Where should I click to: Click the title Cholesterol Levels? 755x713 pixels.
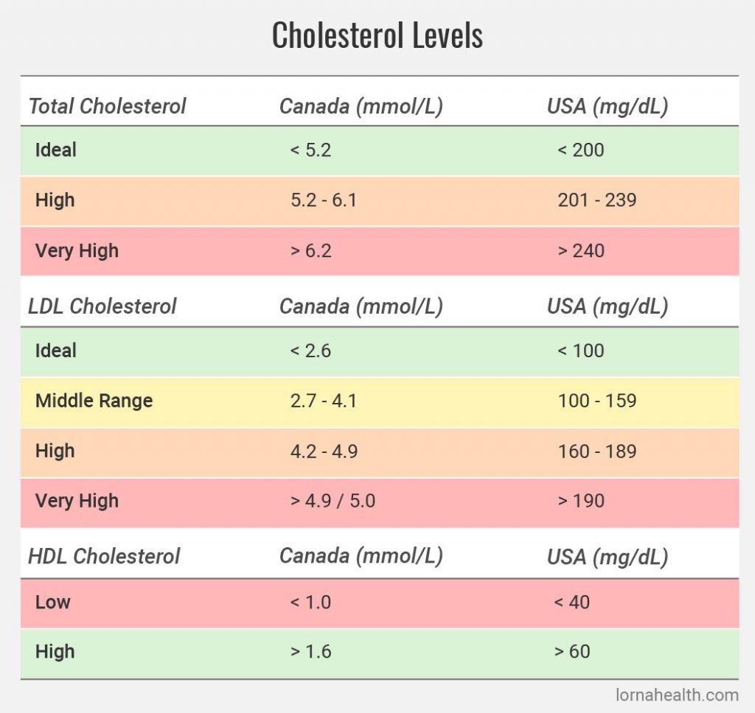point(377,35)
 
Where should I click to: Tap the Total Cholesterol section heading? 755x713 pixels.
point(107,106)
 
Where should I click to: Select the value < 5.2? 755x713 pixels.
point(310,150)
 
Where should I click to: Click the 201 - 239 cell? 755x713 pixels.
point(596,200)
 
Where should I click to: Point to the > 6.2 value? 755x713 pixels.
point(310,250)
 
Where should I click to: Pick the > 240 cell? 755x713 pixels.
point(580,250)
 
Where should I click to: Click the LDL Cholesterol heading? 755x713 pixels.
point(102,306)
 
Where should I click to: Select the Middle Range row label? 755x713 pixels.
point(94,401)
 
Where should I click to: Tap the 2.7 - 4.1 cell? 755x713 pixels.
point(324,401)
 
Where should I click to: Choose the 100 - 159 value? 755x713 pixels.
point(596,401)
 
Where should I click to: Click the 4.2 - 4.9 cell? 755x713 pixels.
point(324,451)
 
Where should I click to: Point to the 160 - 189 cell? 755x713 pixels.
point(596,451)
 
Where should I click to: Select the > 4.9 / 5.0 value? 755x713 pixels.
point(333,501)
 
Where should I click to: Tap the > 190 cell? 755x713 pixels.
point(580,501)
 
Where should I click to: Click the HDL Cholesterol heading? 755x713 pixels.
point(104,556)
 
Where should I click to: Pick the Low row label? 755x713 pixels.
point(53,602)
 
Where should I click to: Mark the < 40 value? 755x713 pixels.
point(571,602)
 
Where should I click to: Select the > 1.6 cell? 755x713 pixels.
point(310,652)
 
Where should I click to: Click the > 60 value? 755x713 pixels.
point(571,652)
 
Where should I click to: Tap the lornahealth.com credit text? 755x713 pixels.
point(677,695)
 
